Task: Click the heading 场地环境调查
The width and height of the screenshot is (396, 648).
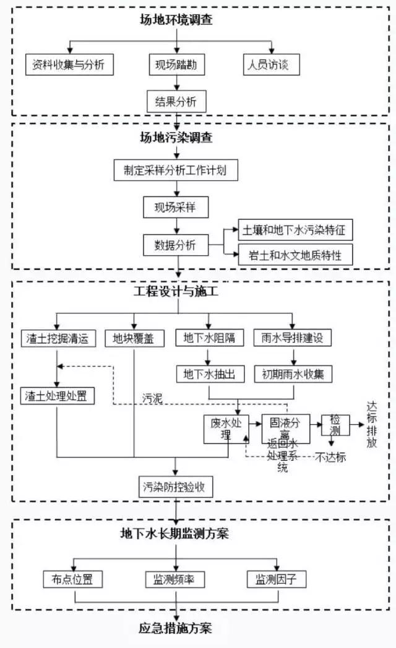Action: pos(176,20)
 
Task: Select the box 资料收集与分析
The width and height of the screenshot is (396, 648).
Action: pos(70,65)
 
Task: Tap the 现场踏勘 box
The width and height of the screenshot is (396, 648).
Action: pos(176,65)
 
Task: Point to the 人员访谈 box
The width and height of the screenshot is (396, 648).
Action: pos(272,65)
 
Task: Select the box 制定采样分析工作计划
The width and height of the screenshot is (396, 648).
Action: pos(176,171)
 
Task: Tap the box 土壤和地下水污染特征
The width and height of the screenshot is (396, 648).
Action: pos(296,230)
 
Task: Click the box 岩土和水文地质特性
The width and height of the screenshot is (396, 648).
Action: pos(296,255)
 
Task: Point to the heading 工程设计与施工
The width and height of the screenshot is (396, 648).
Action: pos(176,290)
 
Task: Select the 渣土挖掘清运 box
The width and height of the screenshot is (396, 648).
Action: pos(58,338)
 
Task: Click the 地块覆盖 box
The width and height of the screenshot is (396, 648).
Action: pos(134,338)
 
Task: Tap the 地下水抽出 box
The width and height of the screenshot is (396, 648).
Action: pos(210,374)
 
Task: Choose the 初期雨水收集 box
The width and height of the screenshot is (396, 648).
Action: pos(293,374)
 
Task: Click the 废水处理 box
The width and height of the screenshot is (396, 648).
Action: pos(225,429)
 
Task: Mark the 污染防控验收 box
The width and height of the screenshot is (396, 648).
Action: pos(176,487)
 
